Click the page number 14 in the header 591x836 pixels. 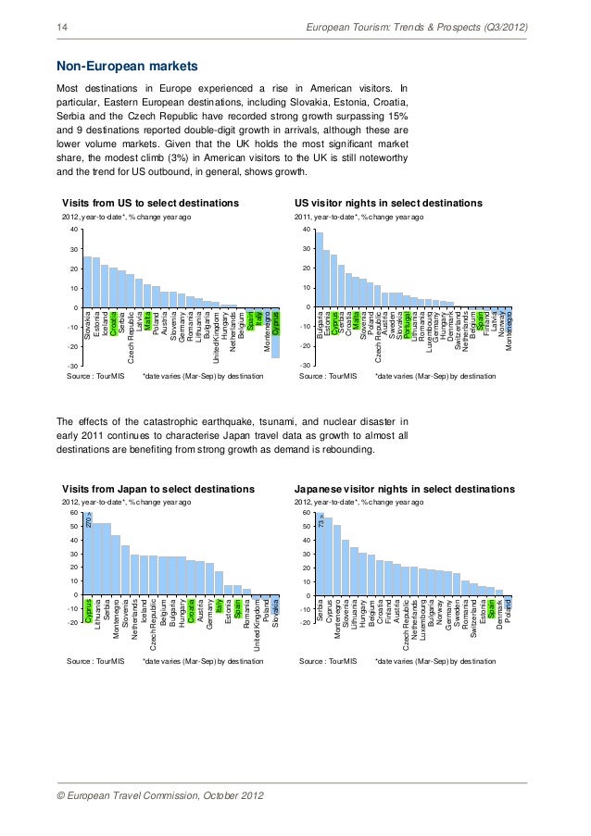click(62, 30)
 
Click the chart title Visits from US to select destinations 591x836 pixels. click(150, 203)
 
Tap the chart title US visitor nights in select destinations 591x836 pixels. click(388, 203)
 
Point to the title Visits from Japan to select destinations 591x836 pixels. click(157, 488)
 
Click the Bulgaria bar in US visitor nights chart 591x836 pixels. click(319, 269)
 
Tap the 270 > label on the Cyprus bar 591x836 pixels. click(88, 524)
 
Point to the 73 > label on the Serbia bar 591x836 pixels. click(320, 524)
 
